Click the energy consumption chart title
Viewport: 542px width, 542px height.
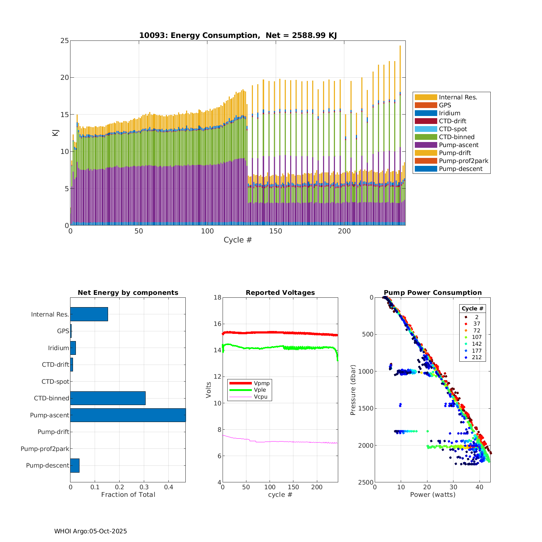(x=238, y=35)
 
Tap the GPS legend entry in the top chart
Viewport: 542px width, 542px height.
(x=445, y=105)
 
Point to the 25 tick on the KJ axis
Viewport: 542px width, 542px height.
(x=65, y=41)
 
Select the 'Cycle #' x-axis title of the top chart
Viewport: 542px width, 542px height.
(x=238, y=240)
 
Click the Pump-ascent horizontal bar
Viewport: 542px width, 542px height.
(x=128, y=415)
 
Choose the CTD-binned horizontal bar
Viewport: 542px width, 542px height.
(x=108, y=398)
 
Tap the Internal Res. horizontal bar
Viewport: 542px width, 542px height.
(x=89, y=314)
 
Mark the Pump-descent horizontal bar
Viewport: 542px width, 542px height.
(x=75, y=465)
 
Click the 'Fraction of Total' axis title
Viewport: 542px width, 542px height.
(x=128, y=495)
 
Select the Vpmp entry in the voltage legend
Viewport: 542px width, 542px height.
(x=262, y=383)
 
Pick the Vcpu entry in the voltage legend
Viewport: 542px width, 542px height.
(x=261, y=397)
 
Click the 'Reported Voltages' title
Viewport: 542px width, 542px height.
(x=280, y=293)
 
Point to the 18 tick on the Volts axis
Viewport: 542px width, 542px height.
(x=217, y=297)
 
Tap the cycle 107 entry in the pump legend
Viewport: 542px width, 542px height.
(x=477, y=337)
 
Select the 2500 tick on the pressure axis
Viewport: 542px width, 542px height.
(x=366, y=482)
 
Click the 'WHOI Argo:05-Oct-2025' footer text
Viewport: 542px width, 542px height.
(x=90, y=531)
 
